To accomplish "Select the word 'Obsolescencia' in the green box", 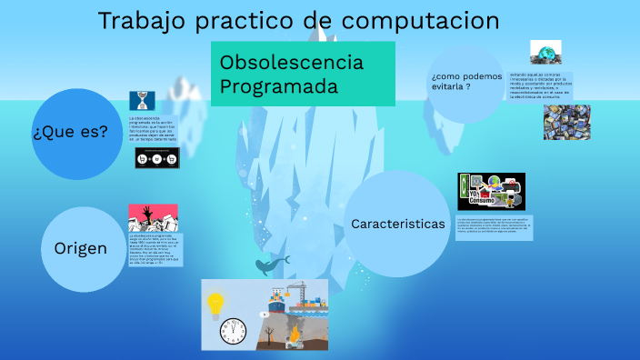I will (x=292, y=63).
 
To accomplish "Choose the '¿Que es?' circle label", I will (x=70, y=132).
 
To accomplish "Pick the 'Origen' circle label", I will (x=80, y=248).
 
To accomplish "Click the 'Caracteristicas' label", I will (x=398, y=223).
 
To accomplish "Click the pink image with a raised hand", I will (x=153, y=217).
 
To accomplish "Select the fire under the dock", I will (x=293, y=337).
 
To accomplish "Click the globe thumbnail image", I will (x=545, y=53).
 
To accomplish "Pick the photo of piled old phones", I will (x=566, y=121).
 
